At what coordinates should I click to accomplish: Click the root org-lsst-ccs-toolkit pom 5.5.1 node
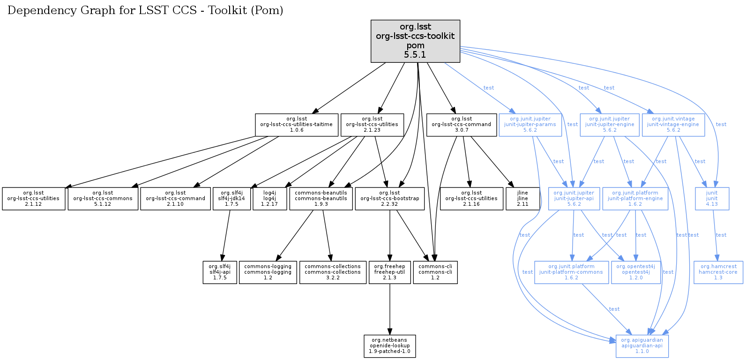click(415, 41)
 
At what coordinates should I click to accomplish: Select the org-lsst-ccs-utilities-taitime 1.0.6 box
click(296, 125)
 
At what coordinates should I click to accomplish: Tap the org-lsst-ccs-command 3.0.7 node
click(461, 125)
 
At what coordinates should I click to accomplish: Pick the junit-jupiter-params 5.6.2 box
click(530, 125)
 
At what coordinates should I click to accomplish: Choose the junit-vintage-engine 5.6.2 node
click(673, 125)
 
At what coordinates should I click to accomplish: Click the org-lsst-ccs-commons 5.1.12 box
click(103, 199)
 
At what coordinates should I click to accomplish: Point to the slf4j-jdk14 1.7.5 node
click(231, 199)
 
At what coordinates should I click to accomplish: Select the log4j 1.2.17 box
click(269, 199)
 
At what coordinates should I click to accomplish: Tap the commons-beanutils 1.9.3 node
click(321, 199)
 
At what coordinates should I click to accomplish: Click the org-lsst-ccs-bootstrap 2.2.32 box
click(389, 199)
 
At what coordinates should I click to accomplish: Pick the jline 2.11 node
click(522, 199)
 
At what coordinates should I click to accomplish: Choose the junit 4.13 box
click(712, 199)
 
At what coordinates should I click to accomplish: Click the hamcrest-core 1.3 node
click(718, 272)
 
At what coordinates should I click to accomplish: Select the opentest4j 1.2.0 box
click(635, 272)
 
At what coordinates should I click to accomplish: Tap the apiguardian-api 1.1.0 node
click(642, 346)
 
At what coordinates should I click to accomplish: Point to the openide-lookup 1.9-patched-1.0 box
click(389, 346)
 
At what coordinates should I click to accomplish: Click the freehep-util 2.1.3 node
click(389, 272)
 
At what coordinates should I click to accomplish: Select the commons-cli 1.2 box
click(435, 272)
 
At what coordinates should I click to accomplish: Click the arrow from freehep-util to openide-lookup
click(389, 309)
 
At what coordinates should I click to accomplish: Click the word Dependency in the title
click(33, 10)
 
